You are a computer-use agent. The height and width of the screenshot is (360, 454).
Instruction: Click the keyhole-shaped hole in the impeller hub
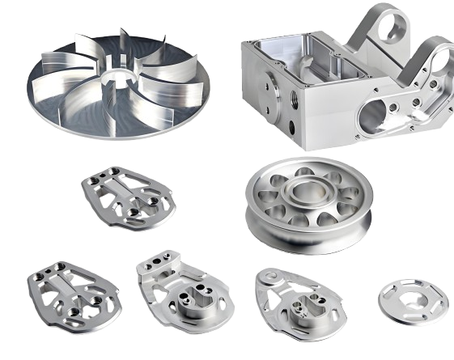tap(119, 81)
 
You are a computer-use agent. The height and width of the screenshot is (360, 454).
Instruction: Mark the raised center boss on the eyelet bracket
tap(304, 306)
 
